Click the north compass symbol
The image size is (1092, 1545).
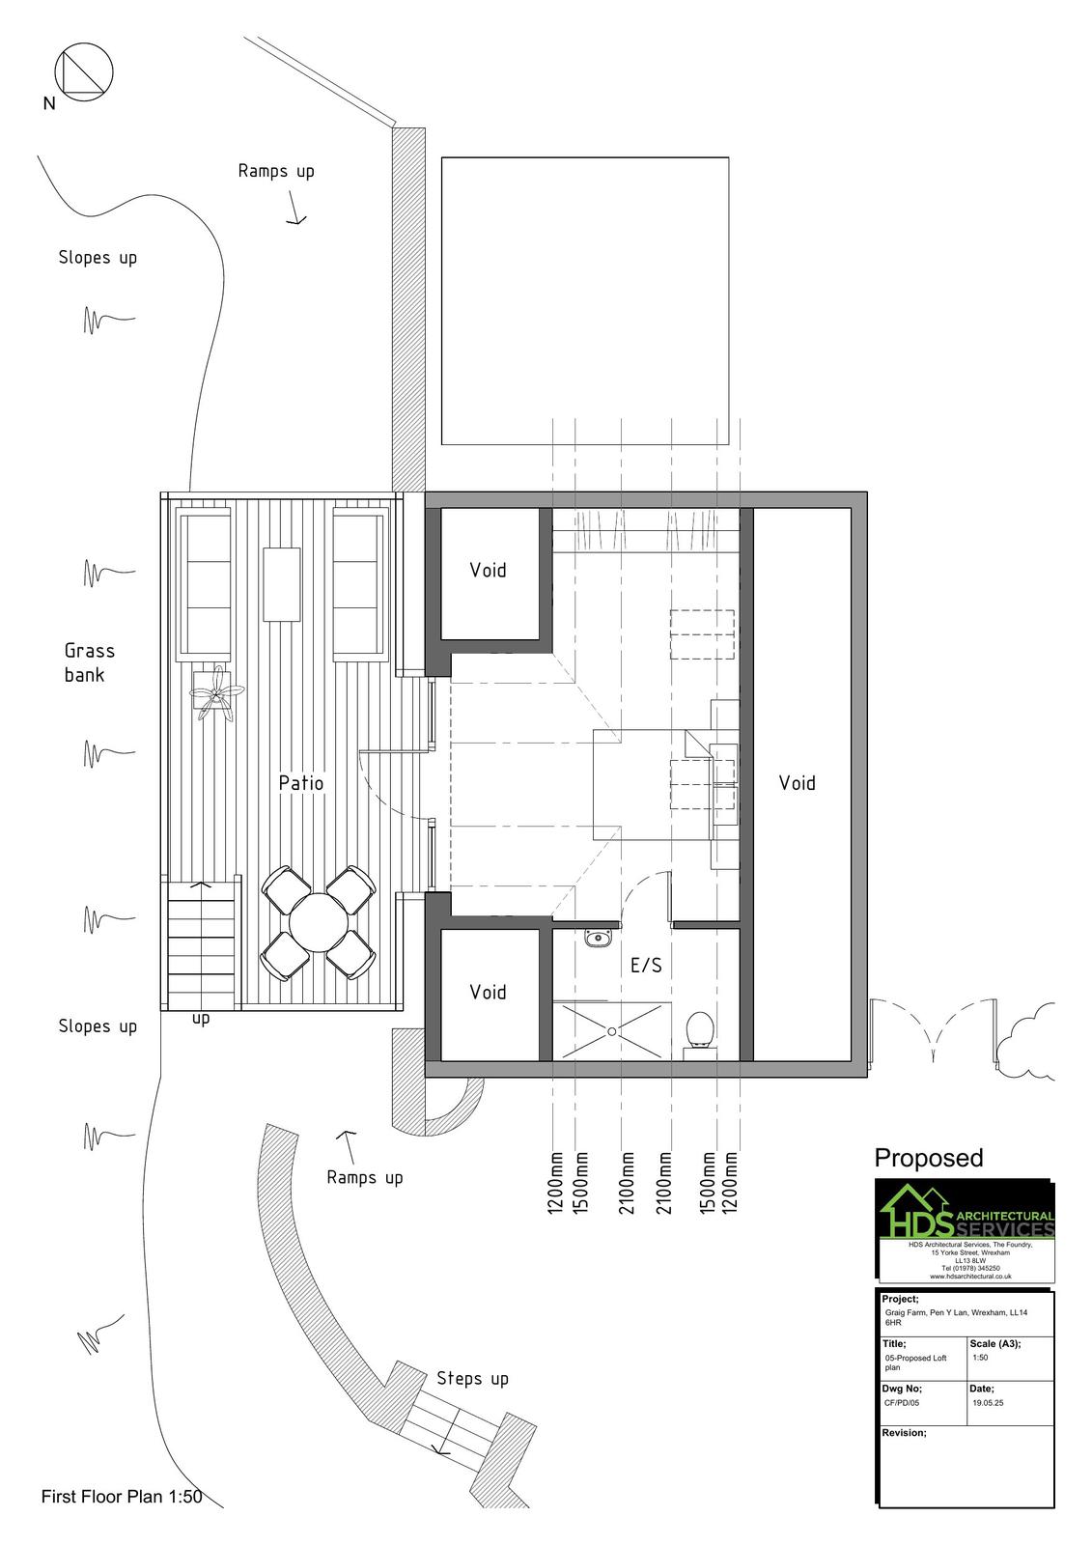83,71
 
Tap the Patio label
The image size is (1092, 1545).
301,783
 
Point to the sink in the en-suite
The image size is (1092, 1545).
598,938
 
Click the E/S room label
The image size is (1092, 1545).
646,965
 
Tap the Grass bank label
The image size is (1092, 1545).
89,662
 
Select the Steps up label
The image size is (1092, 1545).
472,1379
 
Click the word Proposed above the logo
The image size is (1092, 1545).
929,1158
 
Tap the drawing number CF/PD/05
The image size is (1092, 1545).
902,1402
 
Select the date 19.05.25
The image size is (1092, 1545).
988,1402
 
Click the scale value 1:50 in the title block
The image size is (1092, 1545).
980,1358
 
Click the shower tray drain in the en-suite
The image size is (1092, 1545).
611,1032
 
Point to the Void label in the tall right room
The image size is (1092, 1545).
797,783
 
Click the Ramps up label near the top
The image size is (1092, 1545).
276,171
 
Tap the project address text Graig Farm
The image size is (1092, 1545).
956,1317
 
